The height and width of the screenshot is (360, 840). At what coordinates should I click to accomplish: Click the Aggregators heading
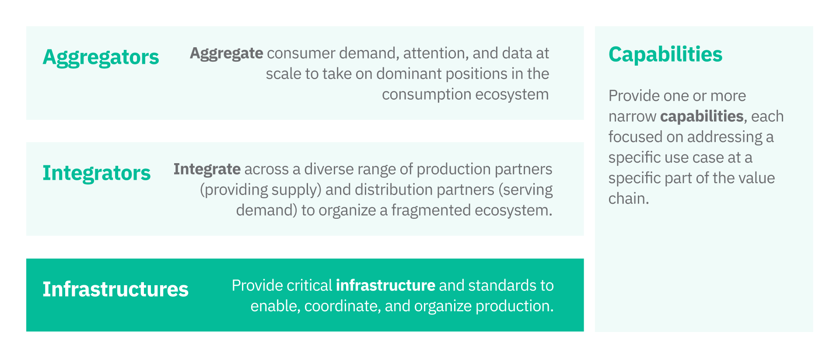(x=101, y=57)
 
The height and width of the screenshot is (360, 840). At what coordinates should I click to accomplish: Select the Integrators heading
(x=96, y=173)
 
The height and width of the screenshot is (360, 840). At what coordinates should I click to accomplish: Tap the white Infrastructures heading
(x=115, y=290)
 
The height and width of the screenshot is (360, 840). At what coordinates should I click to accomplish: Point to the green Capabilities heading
(x=665, y=55)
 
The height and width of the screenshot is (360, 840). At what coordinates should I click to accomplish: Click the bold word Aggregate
(x=226, y=53)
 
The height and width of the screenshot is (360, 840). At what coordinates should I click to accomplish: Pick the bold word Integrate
(x=206, y=169)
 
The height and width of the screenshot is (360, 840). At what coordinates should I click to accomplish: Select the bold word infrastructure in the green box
(x=385, y=286)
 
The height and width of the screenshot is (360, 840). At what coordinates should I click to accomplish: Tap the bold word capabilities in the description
(x=701, y=116)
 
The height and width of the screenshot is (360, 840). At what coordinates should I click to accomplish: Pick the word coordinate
(x=340, y=306)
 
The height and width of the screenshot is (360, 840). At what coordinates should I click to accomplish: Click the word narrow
(x=632, y=117)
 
